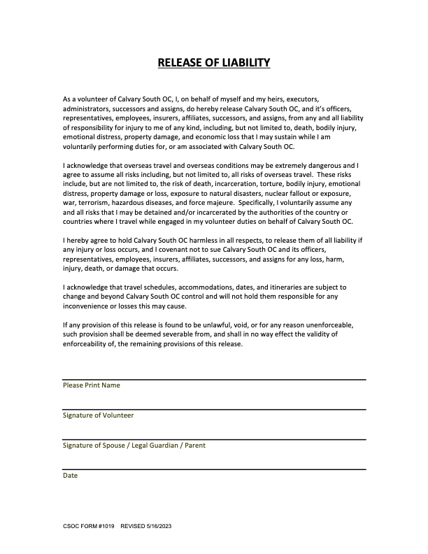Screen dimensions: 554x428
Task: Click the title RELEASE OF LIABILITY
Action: point(214,64)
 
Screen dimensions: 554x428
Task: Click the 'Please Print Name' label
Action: point(92,385)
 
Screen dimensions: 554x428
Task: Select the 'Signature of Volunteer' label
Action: point(98,415)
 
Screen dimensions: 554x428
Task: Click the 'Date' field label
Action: point(70,476)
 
